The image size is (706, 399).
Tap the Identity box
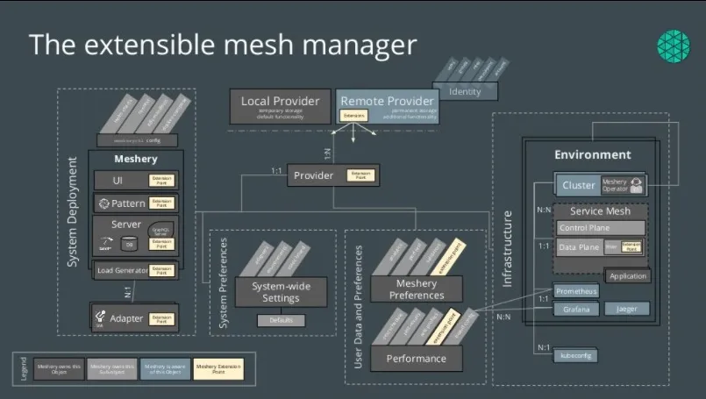(x=465, y=92)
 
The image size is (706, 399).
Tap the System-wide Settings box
(x=275, y=291)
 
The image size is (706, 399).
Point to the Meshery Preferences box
(x=416, y=289)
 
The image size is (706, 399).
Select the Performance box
(x=416, y=358)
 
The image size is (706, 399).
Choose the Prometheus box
(x=577, y=290)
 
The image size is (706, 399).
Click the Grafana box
(x=577, y=309)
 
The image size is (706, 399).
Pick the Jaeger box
(x=626, y=309)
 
